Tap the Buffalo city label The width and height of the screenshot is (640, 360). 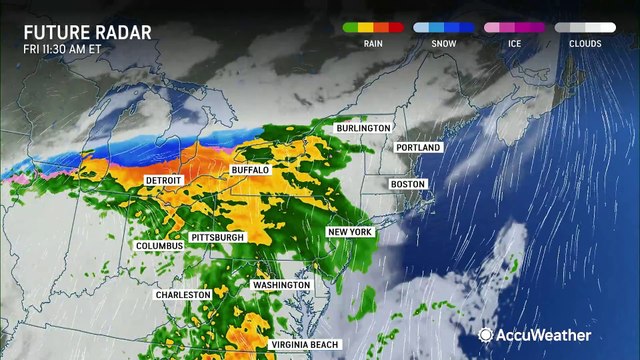pos(250,171)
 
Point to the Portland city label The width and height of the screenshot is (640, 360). pos(418,148)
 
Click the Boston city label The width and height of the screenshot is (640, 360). pos(407,184)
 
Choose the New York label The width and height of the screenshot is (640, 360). pos(350,232)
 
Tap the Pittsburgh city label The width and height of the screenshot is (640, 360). pos(216,237)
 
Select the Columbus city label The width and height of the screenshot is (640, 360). pos(160,245)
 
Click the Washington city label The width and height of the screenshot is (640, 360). pos(281,285)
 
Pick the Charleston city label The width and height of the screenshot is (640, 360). pos(183,295)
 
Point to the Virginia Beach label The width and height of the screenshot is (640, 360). pos(311,345)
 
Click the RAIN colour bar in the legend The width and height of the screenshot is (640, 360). pos(374,27)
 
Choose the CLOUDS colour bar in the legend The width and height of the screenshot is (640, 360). pos(587,27)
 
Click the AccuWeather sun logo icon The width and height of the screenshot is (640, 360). pos(484,335)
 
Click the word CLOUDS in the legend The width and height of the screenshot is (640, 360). pos(587,44)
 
